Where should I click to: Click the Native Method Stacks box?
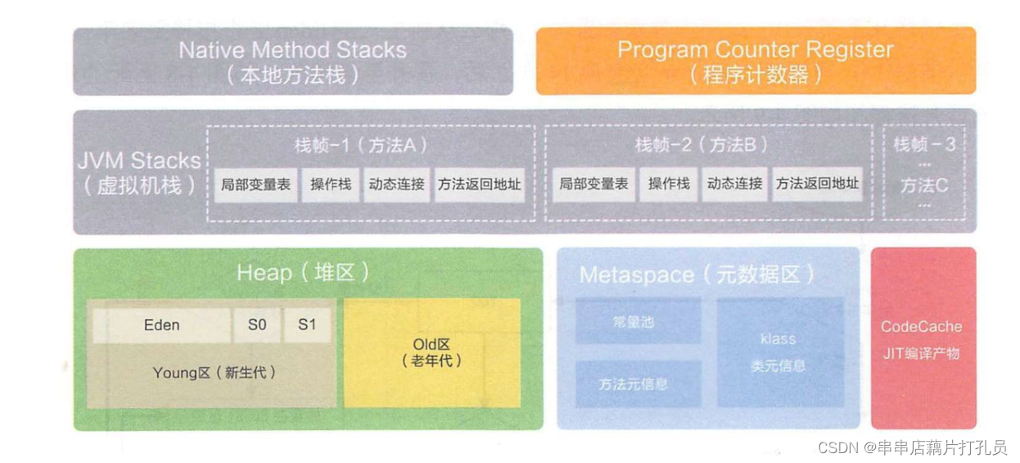[292, 61]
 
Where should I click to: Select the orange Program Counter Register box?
[755, 61]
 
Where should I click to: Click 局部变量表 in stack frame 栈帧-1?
[255, 184]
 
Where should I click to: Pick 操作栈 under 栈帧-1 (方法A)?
[331, 184]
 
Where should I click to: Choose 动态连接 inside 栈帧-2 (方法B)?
[734, 184]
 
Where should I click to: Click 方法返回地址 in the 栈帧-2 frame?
[817, 184]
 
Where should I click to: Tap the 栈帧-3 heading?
[924, 145]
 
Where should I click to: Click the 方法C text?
[924, 186]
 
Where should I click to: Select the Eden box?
[161, 325]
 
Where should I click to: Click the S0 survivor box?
[257, 325]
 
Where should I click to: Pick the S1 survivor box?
[307, 325]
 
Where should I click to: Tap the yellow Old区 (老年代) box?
[431, 352]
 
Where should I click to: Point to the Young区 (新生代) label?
[214, 373]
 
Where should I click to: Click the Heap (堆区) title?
[303, 273]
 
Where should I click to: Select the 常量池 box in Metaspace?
[638, 321]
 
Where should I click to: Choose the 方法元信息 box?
[638, 384]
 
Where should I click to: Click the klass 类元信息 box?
[779, 352]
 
